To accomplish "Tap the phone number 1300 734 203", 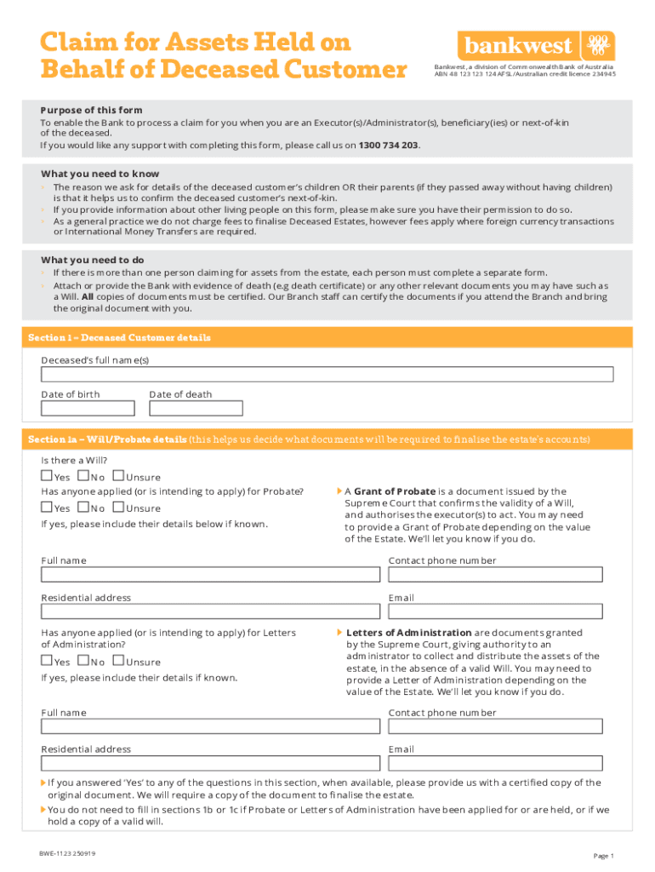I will pos(389,145).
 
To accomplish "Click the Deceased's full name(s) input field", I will pos(327,375).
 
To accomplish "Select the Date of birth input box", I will pos(88,408).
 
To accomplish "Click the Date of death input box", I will pos(196,408).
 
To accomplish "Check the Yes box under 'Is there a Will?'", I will pos(47,476).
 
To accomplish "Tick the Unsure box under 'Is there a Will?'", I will pos(117,476).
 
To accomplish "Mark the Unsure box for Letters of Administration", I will pos(117,661).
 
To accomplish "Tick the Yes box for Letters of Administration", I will pos(47,661).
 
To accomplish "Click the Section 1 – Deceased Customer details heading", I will pos(119,338).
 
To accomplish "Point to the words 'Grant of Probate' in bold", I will pos(394,491).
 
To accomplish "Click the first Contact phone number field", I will pos(495,575).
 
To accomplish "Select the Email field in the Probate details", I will pos(495,611).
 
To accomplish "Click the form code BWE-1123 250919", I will pos(67,853).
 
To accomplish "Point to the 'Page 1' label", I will pos(603,856).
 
